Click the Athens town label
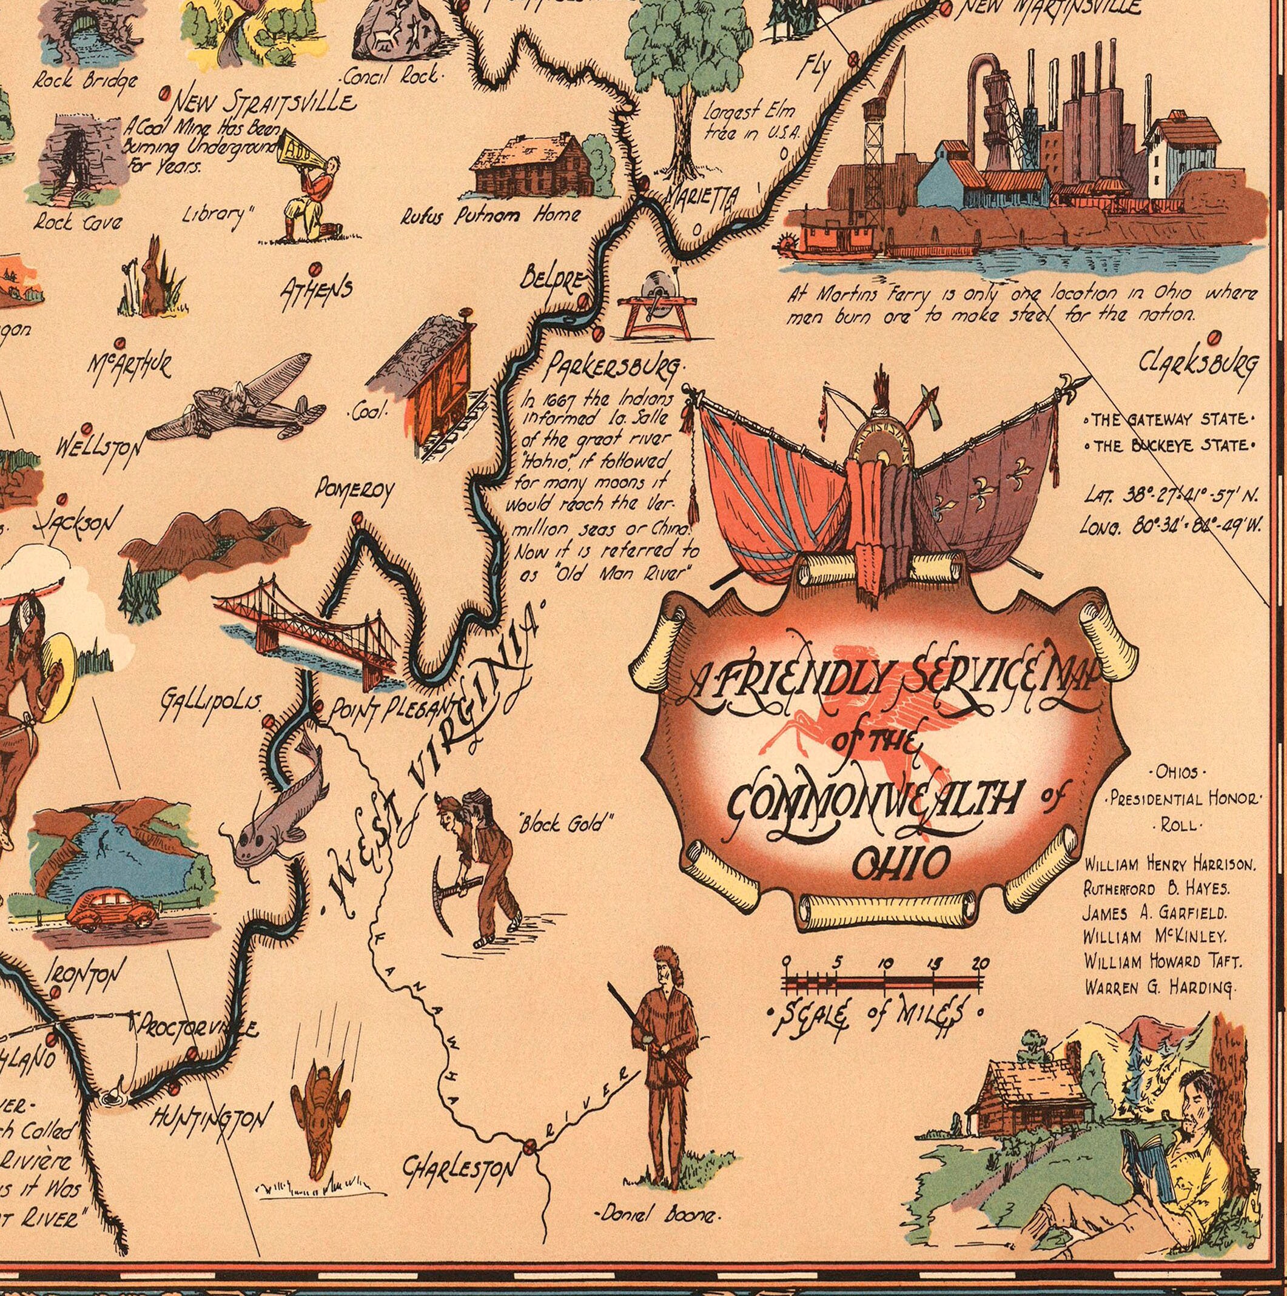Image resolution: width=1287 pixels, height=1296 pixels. click(x=316, y=290)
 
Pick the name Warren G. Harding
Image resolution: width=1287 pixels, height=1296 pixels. click(x=1158, y=987)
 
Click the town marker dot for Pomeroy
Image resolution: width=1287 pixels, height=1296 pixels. click(x=357, y=519)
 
